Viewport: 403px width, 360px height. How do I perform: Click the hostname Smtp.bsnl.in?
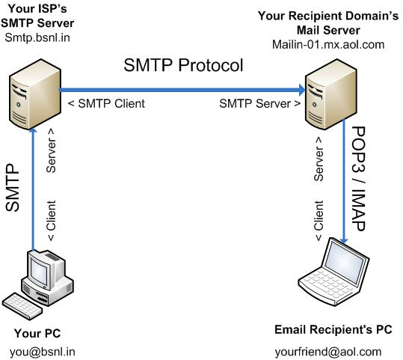point(37,37)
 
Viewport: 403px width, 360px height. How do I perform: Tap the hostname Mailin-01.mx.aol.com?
point(328,44)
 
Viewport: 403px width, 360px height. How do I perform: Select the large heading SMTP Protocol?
point(183,65)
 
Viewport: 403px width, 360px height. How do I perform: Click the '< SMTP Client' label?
point(106,103)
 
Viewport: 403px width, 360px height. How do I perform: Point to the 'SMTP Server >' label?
point(260,103)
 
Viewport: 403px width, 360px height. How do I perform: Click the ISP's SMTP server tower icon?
point(35,94)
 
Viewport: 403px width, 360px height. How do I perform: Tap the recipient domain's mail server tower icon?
point(331,94)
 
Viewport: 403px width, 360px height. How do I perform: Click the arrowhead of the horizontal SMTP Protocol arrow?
point(302,90)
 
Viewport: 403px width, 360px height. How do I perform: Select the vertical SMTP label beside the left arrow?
point(12,188)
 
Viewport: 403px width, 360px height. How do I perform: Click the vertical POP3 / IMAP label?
point(358,179)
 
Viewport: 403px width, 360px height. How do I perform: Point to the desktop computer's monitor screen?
point(39,271)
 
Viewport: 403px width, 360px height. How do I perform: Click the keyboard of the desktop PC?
point(22,306)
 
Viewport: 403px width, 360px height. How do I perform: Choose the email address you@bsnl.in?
point(43,352)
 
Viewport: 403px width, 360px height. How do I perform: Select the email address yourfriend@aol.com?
point(328,352)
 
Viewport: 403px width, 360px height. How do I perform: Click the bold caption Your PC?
point(37,333)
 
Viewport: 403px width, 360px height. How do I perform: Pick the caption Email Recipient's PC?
point(333,329)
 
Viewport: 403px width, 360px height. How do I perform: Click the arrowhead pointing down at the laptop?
point(344,240)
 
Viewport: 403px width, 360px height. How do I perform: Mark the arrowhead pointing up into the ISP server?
point(33,131)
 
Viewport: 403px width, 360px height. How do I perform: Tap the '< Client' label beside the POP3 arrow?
point(319,221)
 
